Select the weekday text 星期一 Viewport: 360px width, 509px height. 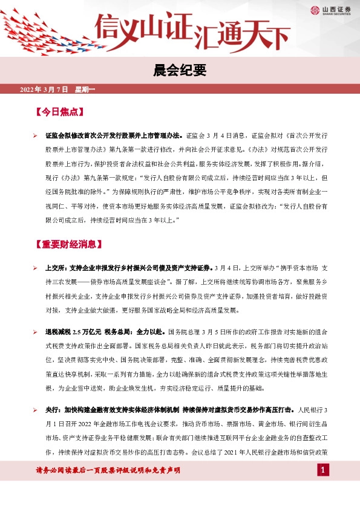85,89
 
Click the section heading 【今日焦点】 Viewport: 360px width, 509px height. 59,112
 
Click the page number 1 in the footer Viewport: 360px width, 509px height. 324,470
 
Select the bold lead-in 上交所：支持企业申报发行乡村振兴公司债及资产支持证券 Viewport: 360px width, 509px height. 128,268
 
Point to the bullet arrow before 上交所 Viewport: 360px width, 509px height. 36,268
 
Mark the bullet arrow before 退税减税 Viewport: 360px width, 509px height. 36,332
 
